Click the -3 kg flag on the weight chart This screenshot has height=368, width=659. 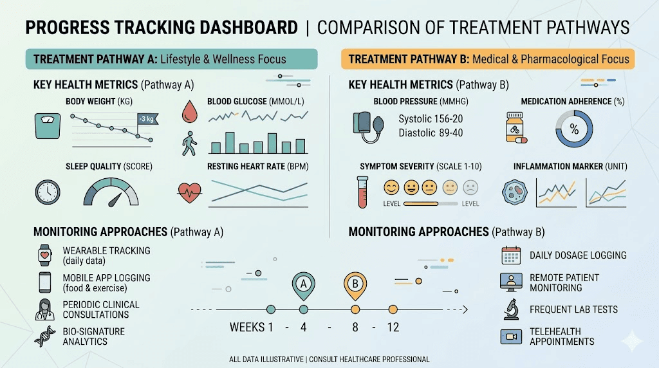click(148, 119)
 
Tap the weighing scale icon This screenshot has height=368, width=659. click(48, 125)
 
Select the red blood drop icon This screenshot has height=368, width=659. click(190, 111)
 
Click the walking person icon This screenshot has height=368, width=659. click(189, 143)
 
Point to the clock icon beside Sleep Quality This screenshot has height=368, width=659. click(48, 192)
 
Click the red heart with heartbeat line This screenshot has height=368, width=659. click(190, 192)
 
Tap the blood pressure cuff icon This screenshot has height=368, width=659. click(368, 127)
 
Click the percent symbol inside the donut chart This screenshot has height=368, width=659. click(574, 129)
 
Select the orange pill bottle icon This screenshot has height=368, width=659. click(515, 128)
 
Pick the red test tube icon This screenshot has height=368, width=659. click(362, 192)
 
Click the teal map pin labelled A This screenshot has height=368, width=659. click(304, 286)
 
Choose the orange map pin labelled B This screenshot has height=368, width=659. click(355, 286)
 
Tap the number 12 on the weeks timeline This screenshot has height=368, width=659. click(393, 327)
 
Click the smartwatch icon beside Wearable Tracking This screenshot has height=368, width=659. click(45, 255)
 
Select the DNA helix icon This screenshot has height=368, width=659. click(45, 336)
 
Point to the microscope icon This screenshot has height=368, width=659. click(511, 309)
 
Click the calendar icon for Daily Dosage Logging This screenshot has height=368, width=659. click(511, 255)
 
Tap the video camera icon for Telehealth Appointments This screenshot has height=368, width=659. click(511, 336)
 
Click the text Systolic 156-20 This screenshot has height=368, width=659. click(431, 119)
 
